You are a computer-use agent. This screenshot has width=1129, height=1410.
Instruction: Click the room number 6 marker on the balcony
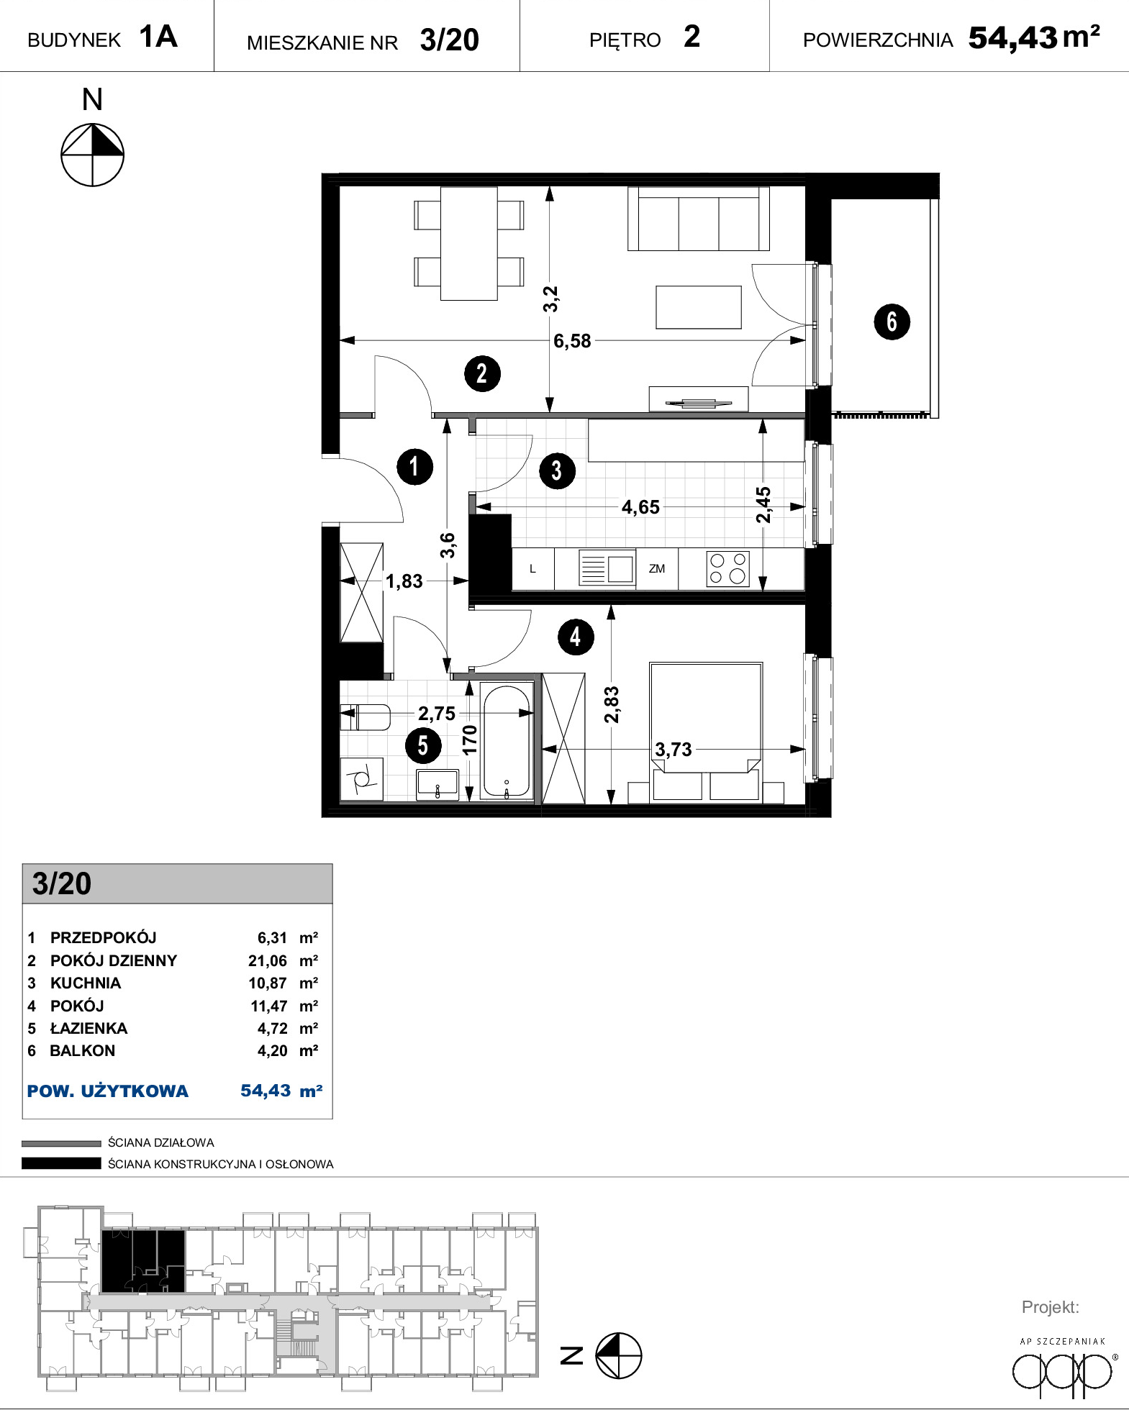[x=892, y=322]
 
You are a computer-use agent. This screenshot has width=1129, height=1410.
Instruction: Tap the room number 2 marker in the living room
[x=482, y=373]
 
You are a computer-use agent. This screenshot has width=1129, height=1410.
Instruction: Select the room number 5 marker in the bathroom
[x=423, y=745]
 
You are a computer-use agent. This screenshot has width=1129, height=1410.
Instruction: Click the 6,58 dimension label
[x=572, y=341]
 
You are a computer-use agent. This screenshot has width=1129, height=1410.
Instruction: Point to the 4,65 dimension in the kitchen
[x=640, y=507]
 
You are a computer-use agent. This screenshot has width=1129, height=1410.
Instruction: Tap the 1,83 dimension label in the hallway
[x=404, y=581]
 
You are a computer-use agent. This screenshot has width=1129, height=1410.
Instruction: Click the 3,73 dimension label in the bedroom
[x=674, y=750]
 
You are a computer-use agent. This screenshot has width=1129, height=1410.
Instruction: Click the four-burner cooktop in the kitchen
[x=728, y=568]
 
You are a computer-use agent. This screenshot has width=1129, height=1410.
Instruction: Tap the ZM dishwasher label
[x=657, y=569]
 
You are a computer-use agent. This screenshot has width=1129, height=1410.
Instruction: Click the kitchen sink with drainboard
[x=607, y=568]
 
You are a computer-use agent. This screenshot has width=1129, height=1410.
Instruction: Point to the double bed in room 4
[x=706, y=731]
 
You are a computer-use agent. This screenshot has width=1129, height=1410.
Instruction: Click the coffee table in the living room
[x=699, y=307]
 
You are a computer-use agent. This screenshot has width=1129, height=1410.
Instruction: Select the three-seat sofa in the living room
[x=699, y=219]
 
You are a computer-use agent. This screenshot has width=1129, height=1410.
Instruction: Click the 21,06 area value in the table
[x=268, y=961]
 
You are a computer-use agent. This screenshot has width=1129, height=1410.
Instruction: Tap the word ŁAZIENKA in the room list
[x=89, y=1028]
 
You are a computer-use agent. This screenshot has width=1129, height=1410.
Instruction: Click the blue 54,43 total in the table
[x=266, y=1091]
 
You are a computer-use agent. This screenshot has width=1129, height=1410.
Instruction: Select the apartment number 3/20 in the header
[x=450, y=40]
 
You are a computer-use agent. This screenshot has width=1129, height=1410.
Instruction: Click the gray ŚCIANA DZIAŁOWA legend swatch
[x=61, y=1143]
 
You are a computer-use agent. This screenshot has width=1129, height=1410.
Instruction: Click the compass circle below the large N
[x=92, y=155]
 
